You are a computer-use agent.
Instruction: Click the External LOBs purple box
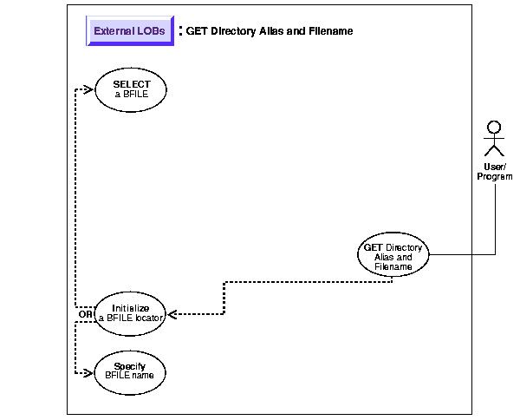click(128, 31)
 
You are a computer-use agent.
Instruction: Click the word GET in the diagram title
click(198, 31)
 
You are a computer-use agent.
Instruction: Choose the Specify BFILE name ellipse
click(129, 371)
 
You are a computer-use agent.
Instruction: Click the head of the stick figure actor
click(495, 128)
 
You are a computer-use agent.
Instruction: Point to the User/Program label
click(495, 172)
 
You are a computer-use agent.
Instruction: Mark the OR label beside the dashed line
click(85, 313)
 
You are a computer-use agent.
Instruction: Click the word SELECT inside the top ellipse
click(131, 84)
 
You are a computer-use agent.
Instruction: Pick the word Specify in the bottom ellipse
click(129, 366)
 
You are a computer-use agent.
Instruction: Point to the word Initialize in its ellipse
click(130, 307)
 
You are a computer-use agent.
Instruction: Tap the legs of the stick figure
click(495, 154)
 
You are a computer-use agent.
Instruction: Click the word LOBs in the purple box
click(149, 31)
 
